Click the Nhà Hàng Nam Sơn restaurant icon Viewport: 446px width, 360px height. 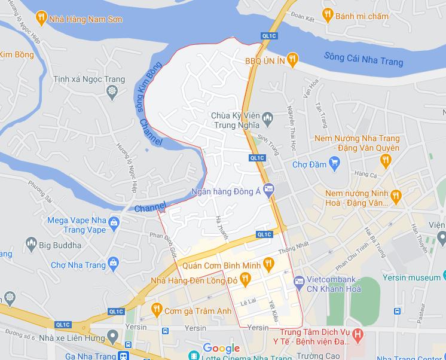tap(41, 19)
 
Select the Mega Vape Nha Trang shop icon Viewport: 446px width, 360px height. tap(115, 223)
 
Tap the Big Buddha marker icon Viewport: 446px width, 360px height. tap(30, 245)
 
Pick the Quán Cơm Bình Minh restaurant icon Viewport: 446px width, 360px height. tap(268, 262)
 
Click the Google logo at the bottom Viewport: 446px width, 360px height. tap(221, 348)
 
